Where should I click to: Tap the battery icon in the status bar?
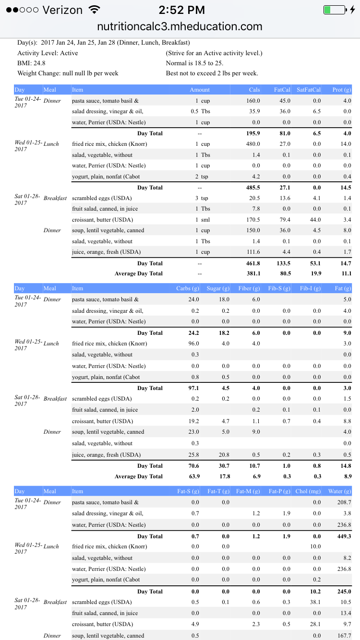tap(334, 10)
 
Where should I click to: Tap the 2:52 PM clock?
tap(181, 10)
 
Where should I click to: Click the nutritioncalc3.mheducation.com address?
tap(180, 27)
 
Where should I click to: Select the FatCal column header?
tap(282, 90)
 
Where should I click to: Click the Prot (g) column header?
tap(342, 90)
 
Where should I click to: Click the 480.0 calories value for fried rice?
tap(254, 144)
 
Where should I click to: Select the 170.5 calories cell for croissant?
tap(254, 220)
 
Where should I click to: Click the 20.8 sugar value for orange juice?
tap(224, 455)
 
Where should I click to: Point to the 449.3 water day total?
tap(343, 536)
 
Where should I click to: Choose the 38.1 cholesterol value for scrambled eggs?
tap(315, 602)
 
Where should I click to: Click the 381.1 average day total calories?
tap(253, 273)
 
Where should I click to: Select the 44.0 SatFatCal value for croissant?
tap(315, 220)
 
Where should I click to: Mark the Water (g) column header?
tap(340, 491)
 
